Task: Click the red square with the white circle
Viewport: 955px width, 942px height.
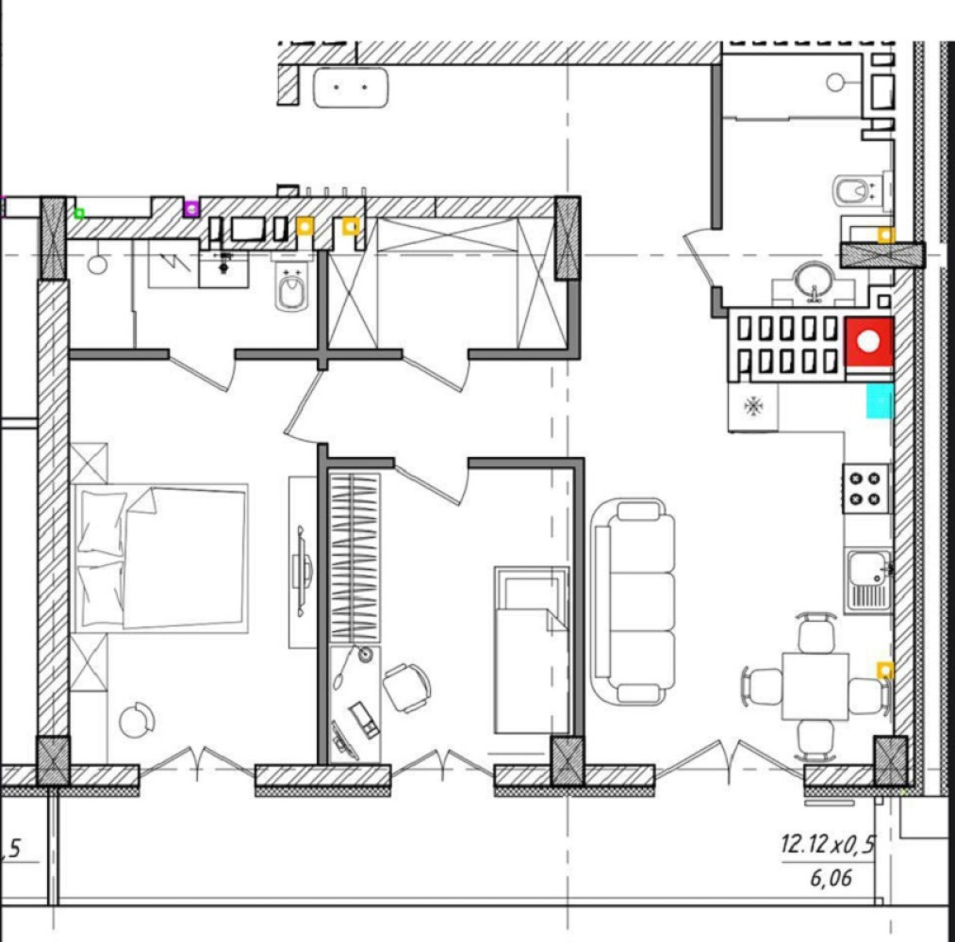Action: tap(869, 341)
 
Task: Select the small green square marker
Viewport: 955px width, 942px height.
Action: tap(79, 213)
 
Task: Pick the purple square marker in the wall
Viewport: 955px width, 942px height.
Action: tap(192, 209)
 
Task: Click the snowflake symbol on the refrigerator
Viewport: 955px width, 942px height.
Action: tap(753, 406)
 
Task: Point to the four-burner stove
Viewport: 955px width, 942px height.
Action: tap(865, 489)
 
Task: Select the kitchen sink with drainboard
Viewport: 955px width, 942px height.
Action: tap(868, 580)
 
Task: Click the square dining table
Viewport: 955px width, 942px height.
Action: tap(815, 686)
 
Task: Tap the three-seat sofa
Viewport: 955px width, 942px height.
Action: tap(634, 601)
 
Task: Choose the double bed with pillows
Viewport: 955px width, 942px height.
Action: tap(160, 558)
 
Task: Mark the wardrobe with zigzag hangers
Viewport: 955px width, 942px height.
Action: tap(354, 558)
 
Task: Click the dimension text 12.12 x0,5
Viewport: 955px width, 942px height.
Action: tap(828, 844)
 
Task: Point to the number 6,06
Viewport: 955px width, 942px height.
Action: tap(831, 878)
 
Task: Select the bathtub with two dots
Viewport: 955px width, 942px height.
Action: tap(350, 88)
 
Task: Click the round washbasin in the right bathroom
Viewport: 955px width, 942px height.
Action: tap(814, 280)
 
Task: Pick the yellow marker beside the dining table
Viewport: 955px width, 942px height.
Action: tap(885, 671)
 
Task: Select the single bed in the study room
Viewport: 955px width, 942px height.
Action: tap(532, 650)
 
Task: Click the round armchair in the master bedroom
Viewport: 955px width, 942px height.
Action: tap(137, 721)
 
